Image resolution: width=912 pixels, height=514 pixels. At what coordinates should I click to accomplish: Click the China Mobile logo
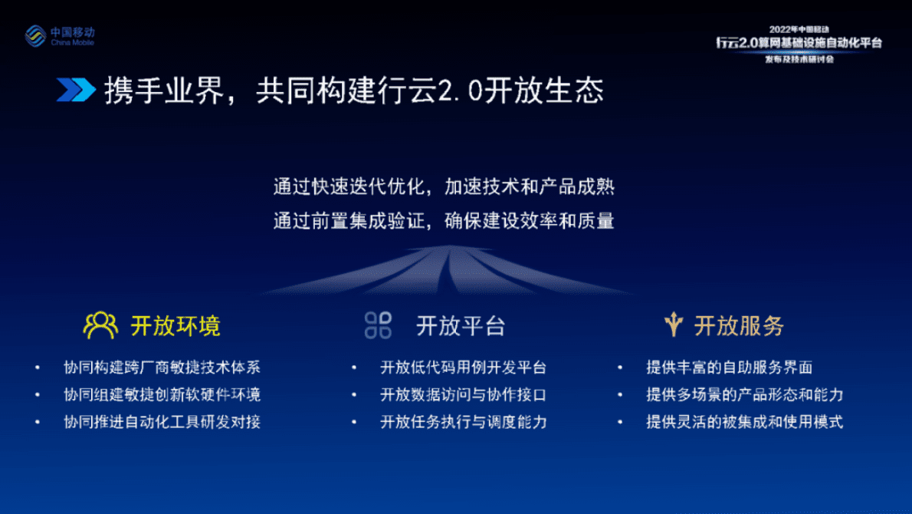[x=60, y=35]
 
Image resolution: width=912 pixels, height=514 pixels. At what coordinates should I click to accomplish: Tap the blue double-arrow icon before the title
[x=76, y=90]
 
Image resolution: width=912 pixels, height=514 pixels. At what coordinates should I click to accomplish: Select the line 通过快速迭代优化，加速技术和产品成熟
[x=444, y=186]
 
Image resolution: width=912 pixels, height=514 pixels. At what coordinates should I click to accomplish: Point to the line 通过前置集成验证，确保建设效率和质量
[x=444, y=222]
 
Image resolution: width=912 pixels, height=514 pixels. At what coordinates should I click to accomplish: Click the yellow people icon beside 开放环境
[x=100, y=325]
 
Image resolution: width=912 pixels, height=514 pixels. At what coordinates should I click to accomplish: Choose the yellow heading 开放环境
[x=176, y=326]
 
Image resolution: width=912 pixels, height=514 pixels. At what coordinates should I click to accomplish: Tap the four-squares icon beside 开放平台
[x=378, y=325]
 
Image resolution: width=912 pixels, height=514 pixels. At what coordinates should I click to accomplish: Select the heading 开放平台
[x=461, y=326]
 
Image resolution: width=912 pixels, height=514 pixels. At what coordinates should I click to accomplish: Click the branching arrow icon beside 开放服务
[x=673, y=325]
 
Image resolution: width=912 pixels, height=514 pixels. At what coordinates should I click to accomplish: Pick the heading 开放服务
[x=739, y=326]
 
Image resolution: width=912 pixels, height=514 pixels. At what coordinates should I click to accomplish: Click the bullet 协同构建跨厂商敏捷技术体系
[x=162, y=367]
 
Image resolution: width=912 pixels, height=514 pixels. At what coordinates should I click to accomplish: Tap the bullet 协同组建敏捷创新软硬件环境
[x=162, y=395]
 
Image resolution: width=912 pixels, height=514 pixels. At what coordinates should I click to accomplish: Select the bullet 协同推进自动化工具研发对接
[x=162, y=422]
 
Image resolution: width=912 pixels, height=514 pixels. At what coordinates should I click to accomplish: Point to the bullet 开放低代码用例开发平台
[x=463, y=367]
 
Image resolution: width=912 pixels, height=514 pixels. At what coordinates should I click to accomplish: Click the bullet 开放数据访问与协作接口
[x=463, y=395]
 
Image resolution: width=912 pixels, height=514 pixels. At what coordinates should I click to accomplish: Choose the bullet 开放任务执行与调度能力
[x=463, y=422]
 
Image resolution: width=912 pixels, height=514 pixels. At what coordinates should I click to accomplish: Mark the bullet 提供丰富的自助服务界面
[x=729, y=367]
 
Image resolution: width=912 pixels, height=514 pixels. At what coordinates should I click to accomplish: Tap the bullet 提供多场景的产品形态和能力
[x=744, y=395]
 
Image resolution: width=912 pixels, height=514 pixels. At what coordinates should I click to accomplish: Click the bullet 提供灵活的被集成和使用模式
[x=744, y=422]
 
